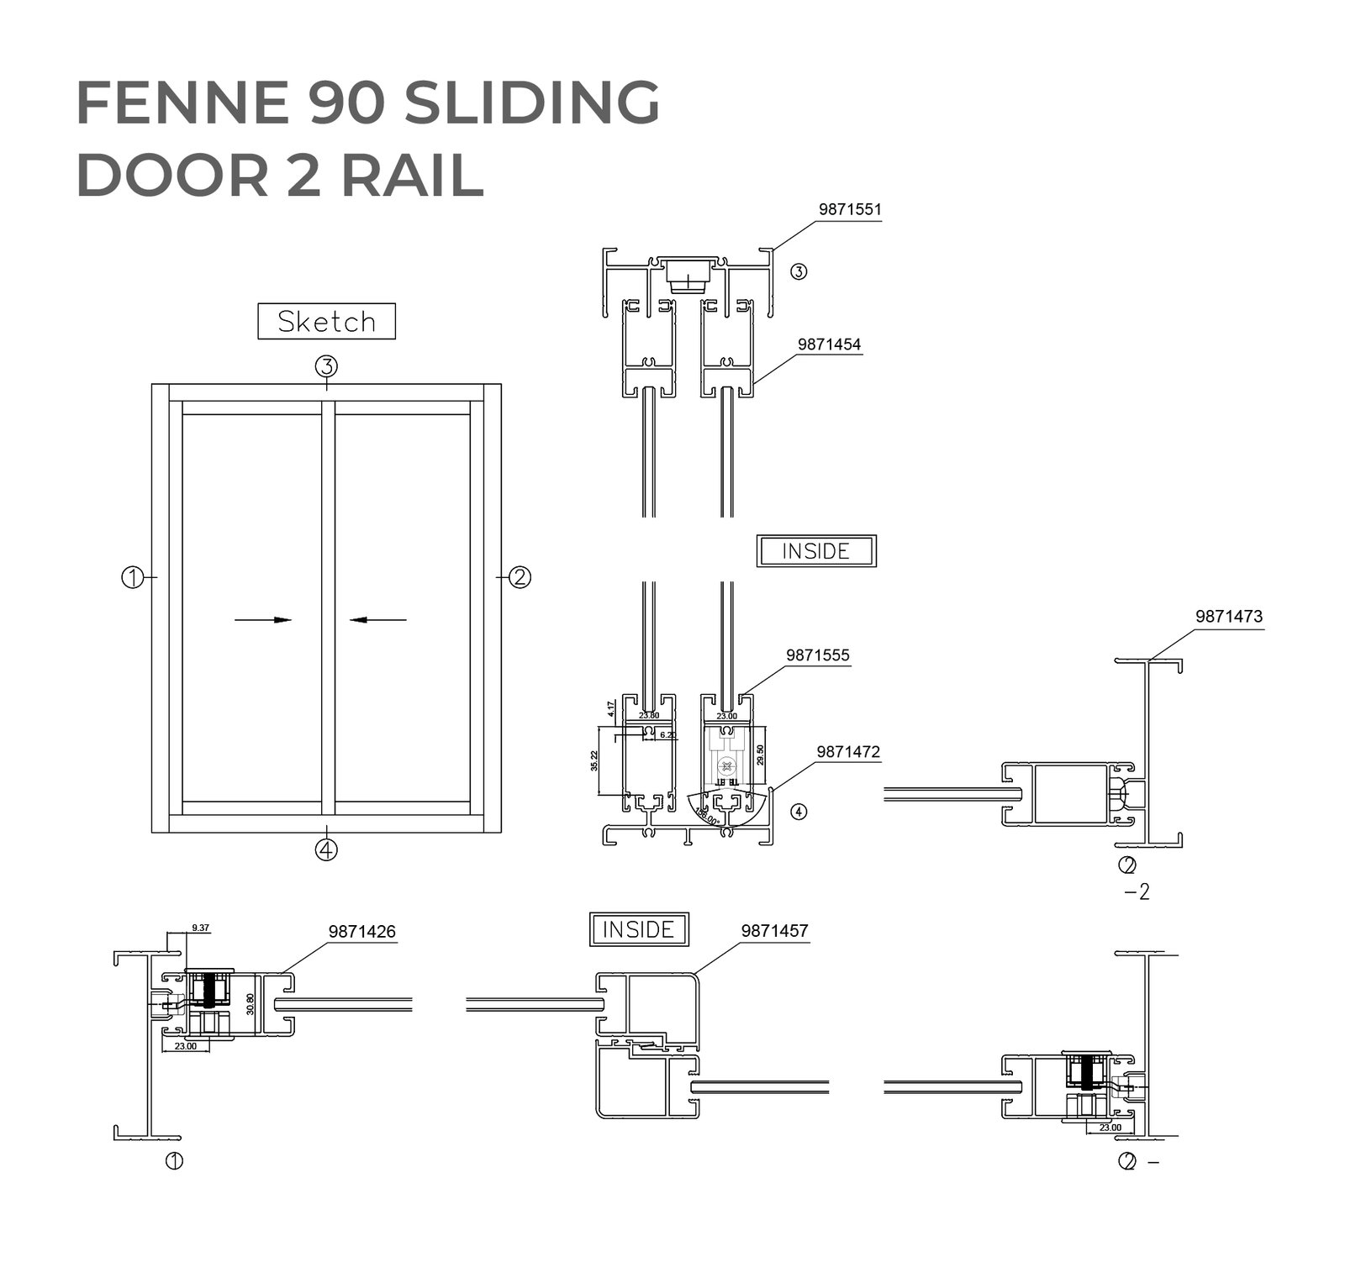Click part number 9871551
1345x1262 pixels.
(x=850, y=209)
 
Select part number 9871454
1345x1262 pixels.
(x=829, y=344)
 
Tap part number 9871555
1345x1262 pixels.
(x=817, y=655)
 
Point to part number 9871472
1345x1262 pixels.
(x=848, y=752)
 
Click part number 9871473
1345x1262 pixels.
(x=1228, y=616)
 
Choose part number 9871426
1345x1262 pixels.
(x=361, y=931)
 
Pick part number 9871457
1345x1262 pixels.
(x=774, y=930)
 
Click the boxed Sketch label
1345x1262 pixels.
(x=326, y=322)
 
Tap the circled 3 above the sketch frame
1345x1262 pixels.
(x=326, y=366)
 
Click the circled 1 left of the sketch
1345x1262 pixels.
(x=132, y=577)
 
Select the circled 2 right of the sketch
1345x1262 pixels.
(x=520, y=577)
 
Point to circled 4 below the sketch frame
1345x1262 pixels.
(x=326, y=849)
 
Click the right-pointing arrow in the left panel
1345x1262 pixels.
(x=262, y=620)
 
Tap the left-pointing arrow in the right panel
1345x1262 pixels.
(x=378, y=620)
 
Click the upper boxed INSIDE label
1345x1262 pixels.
(x=815, y=551)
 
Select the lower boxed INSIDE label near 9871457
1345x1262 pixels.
(x=639, y=929)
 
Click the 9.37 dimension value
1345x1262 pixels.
(x=201, y=928)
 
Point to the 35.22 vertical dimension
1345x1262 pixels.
(x=594, y=760)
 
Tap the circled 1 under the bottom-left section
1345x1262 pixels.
(x=174, y=1161)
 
